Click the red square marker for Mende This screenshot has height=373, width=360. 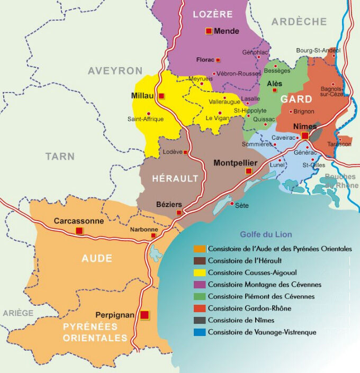pos(209,31)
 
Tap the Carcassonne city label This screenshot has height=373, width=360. pos(79,221)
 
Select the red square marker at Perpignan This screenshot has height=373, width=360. pos(145,315)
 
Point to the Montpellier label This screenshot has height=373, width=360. pos(235,163)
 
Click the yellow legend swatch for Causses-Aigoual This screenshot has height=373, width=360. pos(200,272)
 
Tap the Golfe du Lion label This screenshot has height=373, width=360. pos(266,234)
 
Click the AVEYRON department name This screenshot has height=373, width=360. pos(115,71)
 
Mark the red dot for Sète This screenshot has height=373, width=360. pos(231,203)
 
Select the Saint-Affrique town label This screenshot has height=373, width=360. pos(146,119)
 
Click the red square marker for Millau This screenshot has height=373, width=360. pos(161,96)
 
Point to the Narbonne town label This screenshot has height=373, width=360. pos(144,229)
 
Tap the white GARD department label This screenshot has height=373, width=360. pos(296,99)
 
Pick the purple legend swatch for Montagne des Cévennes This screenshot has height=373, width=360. pos(200,285)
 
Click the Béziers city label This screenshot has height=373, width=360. pos(169,204)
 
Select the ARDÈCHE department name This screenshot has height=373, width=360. pos(299,22)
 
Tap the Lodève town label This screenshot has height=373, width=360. pos(172,152)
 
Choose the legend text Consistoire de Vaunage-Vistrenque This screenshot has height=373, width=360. pos(262,332)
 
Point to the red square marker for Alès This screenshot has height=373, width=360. pos(275,90)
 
